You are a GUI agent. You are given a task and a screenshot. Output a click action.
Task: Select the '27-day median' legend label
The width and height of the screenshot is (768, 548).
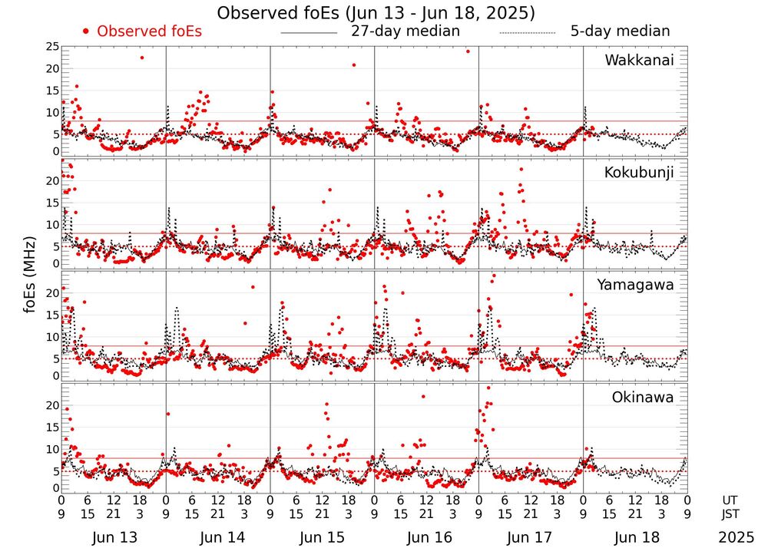click(405, 31)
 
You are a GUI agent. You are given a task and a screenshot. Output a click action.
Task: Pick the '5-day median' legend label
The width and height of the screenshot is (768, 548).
click(620, 31)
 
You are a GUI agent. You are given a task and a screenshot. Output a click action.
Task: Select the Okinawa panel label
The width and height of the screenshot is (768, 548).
click(643, 398)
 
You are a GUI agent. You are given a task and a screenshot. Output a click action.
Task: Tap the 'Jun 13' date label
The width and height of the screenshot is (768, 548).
click(114, 537)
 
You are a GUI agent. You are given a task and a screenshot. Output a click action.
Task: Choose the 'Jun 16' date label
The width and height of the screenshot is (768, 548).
click(426, 537)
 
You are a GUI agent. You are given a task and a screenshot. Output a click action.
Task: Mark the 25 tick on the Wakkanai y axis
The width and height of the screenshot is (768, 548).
click(52, 47)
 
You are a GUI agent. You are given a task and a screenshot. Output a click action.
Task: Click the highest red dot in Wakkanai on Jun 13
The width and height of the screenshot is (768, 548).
click(141, 58)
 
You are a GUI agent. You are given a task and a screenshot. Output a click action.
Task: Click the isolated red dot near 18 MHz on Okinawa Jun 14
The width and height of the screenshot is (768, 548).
click(168, 414)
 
